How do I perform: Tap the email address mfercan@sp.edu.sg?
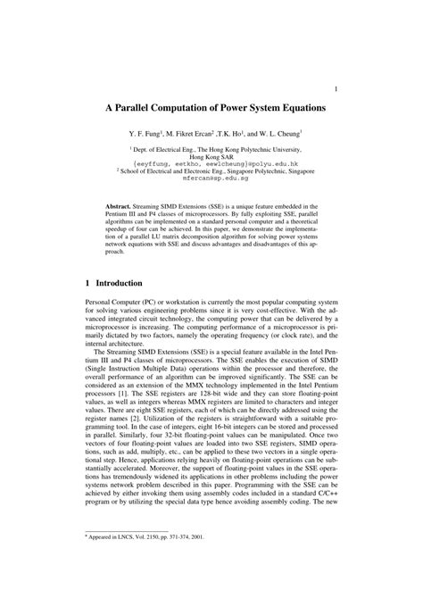(x=211, y=177)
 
